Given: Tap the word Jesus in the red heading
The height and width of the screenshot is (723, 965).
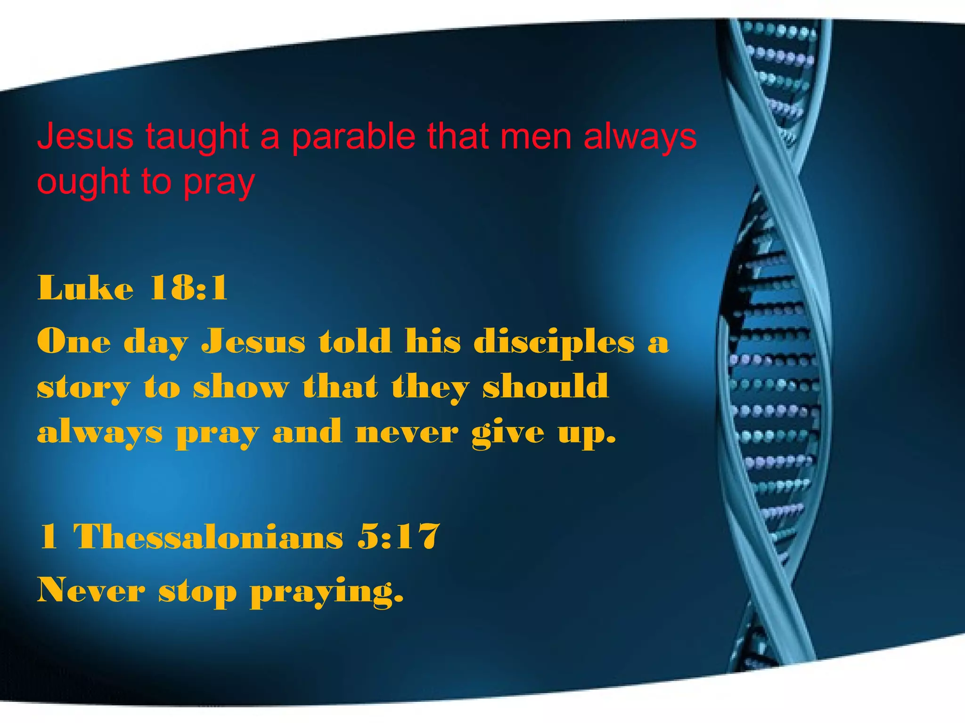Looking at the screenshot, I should [x=85, y=136].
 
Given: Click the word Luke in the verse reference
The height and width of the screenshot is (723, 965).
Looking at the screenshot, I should [x=85, y=288].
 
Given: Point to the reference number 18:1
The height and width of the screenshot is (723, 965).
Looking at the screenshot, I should [x=188, y=288].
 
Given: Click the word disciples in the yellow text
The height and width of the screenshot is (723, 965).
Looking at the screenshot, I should [x=554, y=341].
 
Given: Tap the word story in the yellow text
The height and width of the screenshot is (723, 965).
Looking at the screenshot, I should [x=83, y=387].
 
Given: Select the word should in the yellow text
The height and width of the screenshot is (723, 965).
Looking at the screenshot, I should [x=546, y=386].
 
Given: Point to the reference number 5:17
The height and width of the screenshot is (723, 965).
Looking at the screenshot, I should [x=399, y=536].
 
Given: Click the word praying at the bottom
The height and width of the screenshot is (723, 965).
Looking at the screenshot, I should [x=327, y=591].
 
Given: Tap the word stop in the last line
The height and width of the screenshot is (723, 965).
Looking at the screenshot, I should [x=197, y=591].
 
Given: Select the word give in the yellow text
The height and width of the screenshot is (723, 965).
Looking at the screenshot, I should [x=508, y=433].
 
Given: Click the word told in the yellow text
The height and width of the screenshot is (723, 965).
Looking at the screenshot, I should [x=355, y=341].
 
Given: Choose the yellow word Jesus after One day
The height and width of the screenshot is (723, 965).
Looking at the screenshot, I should [x=254, y=341].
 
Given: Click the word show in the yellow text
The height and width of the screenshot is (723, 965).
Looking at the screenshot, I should [x=241, y=387].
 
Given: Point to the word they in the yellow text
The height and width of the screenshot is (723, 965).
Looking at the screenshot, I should [x=430, y=387].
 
